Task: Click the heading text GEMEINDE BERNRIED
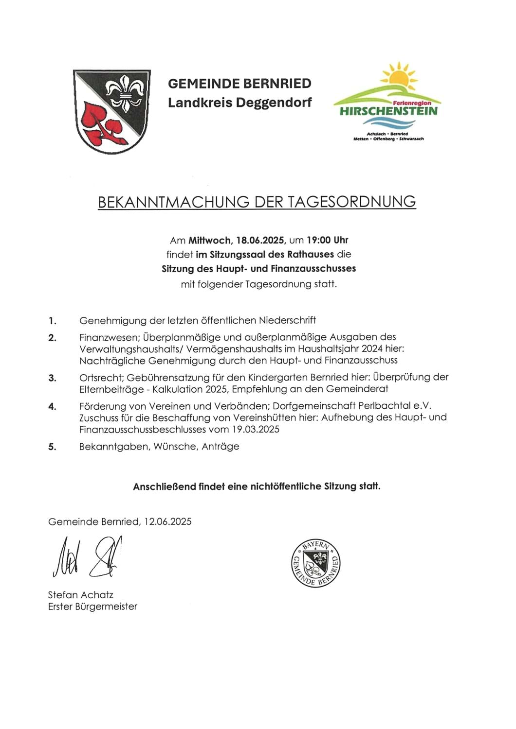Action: click(x=239, y=84)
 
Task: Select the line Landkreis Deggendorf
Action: click(x=240, y=103)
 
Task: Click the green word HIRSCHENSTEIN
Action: click(x=388, y=111)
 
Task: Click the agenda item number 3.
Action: click(x=52, y=378)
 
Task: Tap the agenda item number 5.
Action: click(x=52, y=447)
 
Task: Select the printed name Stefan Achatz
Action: click(x=80, y=594)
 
